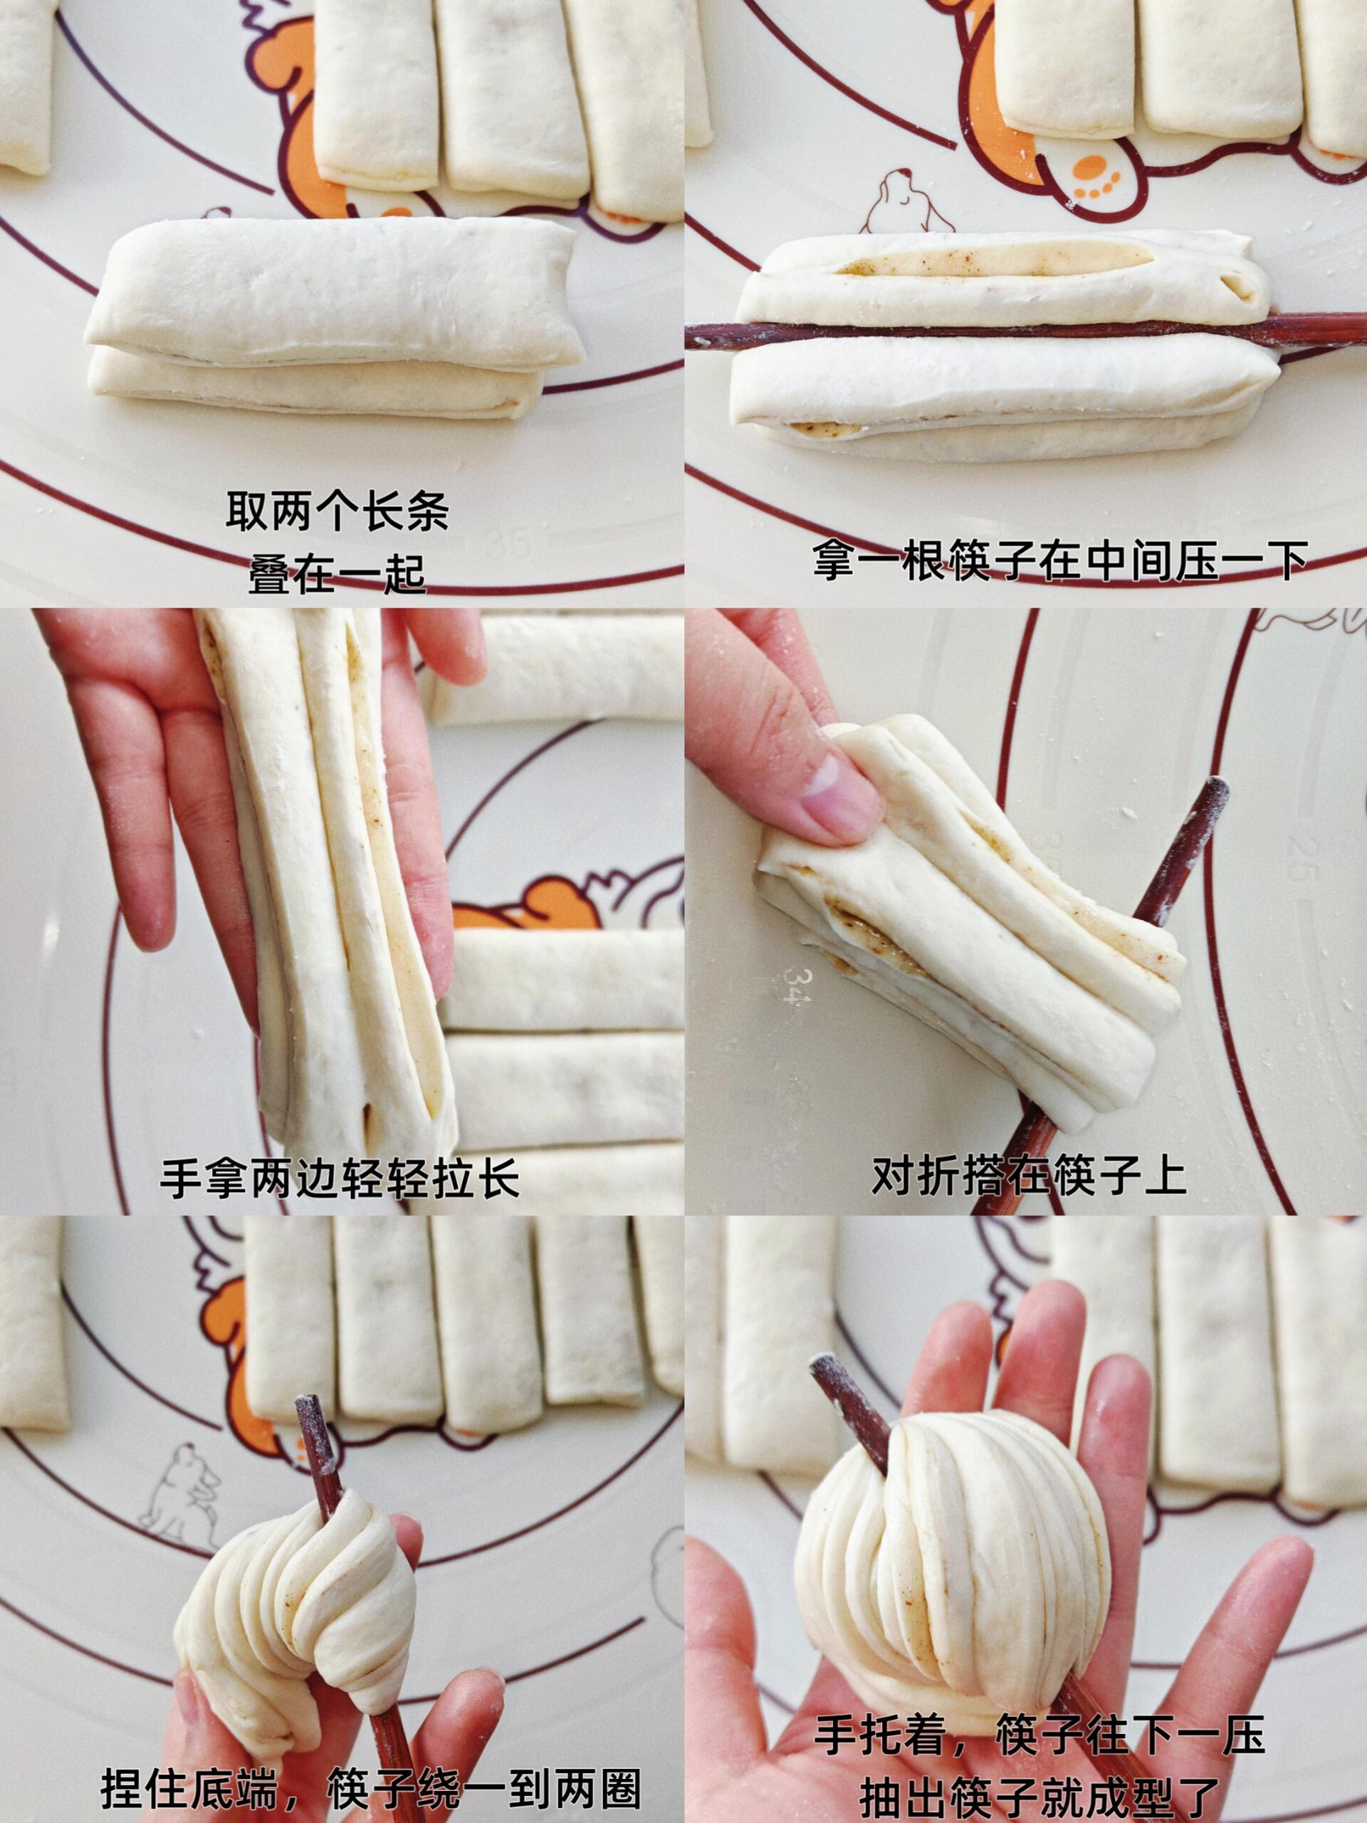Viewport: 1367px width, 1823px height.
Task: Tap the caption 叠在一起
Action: point(338,575)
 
